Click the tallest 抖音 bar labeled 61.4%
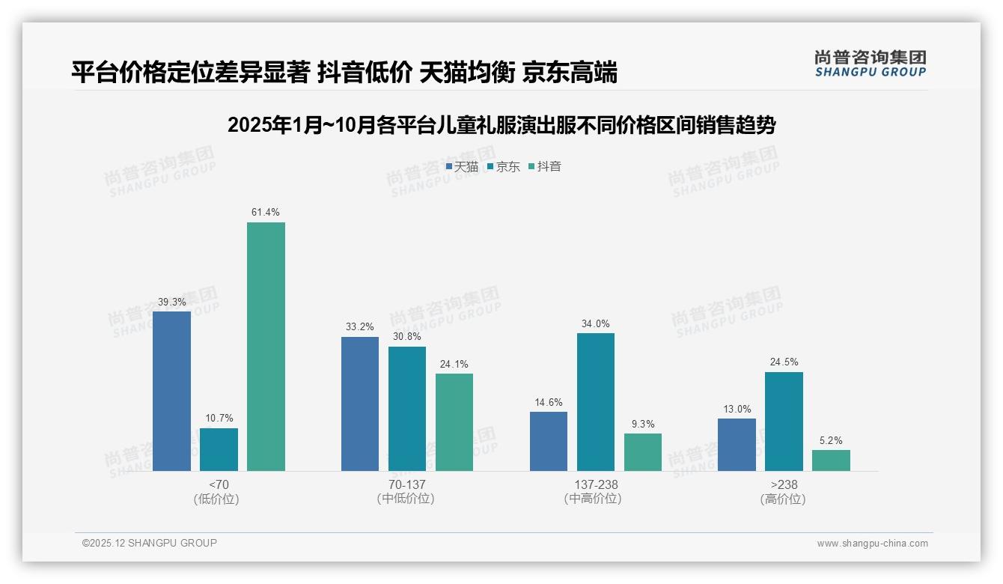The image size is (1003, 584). pyautogui.click(x=266, y=346)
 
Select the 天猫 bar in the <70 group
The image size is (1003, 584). pyautogui.click(x=171, y=391)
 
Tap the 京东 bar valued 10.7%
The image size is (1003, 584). pyautogui.click(x=219, y=449)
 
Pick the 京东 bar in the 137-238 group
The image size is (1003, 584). pyautogui.click(x=596, y=402)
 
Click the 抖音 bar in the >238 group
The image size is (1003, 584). pyautogui.click(x=831, y=460)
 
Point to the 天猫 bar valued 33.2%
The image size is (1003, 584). pyautogui.click(x=360, y=404)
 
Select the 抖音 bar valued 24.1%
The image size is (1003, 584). pyautogui.click(x=454, y=422)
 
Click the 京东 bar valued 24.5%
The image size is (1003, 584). pyautogui.click(x=784, y=422)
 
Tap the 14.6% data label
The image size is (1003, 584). pyautogui.click(x=549, y=402)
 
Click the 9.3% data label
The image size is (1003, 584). pyautogui.click(x=643, y=424)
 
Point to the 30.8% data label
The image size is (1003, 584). pyautogui.click(x=407, y=337)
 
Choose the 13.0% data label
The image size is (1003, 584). pyautogui.click(x=737, y=409)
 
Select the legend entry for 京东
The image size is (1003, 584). pyautogui.click(x=503, y=167)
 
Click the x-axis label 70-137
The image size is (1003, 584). pyautogui.click(x=406, y=484)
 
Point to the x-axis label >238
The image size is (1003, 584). pyautogui.click(x=783, y=484)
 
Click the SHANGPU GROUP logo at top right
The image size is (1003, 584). pyautogui.click(x=870, y=64)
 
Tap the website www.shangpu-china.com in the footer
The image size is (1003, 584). pyautogui.click(x=872, y=544)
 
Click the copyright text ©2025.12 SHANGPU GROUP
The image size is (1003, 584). pyautogui.click(x=150, y=543)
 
